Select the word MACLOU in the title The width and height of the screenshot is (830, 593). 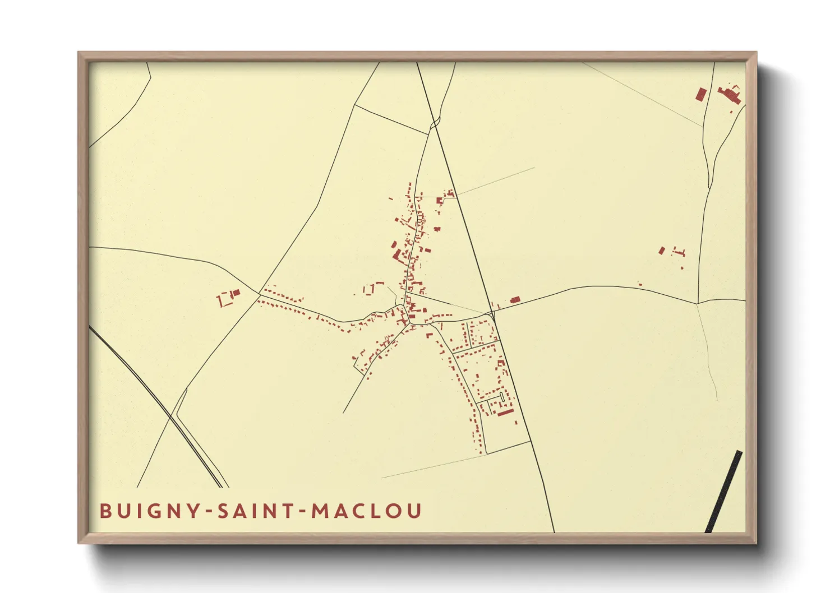366,511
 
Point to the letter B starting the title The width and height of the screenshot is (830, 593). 105,511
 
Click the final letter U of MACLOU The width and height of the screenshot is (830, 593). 414,511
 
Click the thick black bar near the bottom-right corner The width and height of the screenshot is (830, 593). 724,492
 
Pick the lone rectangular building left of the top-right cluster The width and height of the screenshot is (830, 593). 700,94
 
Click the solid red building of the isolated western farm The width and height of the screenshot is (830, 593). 236,293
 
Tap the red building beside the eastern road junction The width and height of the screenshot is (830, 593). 515,300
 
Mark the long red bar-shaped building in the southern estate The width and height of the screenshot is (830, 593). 506,413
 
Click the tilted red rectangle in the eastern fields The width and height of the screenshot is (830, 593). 662,251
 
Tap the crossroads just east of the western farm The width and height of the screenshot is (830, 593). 260,293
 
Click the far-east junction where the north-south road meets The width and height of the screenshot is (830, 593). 697,303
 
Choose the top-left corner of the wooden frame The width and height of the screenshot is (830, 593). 80,54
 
